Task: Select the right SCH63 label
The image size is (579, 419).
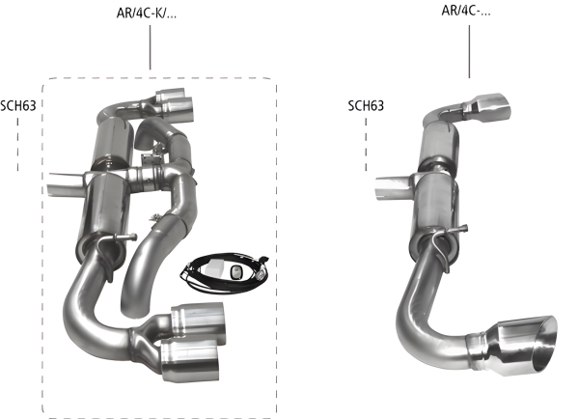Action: click(367, 103)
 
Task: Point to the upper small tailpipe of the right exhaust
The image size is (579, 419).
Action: click(492, 103)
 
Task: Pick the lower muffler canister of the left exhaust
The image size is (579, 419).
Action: click(106, 208)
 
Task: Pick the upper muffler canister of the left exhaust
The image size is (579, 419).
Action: click(112, 140)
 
